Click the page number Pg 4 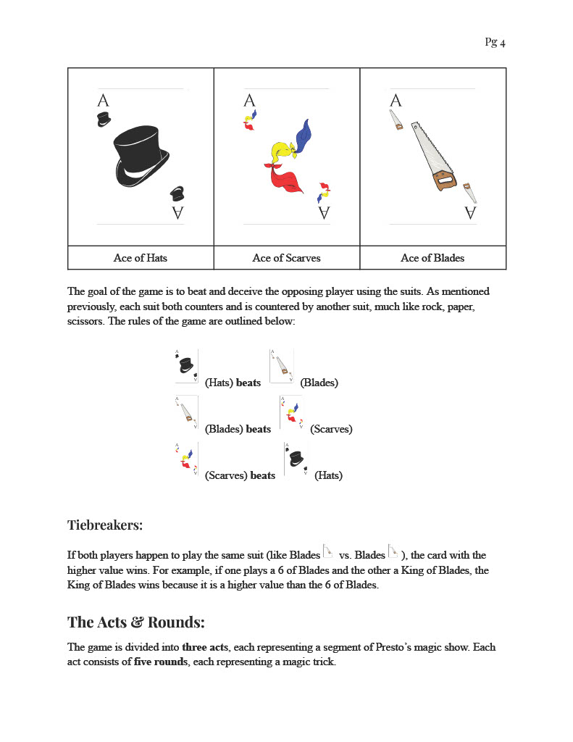pyautogui.click(x=495, y=42)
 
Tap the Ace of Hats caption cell pyautogui.click(x=141, y=258)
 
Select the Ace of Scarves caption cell pyautogui.click(x=286, y=258)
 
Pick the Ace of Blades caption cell pyautogui.click(x=432, y=258)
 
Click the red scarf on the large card pyautogui.click(x=285, y=178)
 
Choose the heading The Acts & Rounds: pyautogui.click(x=136, y=622)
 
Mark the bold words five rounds pyautogui.click(x=161, y=662)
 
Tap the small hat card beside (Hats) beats pyautogui.click(x=186, y=367)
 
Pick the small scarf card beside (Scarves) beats pyautogui.click(x=186, y=459)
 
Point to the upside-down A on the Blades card pyautogui.click(x=470, y=212)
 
